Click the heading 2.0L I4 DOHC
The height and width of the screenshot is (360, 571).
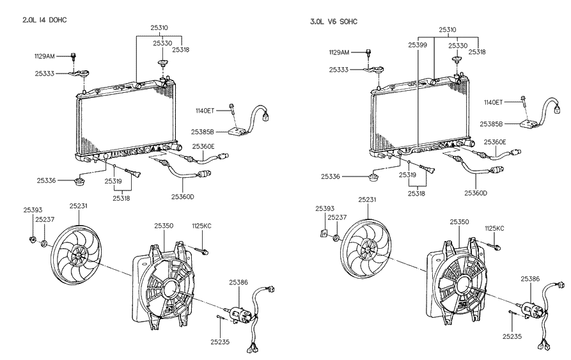point(45,20)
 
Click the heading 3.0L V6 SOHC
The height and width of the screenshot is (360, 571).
point(334,22)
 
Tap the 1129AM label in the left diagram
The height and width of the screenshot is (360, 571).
point(44,56)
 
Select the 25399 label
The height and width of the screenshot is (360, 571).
point(418,45)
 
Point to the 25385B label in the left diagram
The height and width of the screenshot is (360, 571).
point(203,132)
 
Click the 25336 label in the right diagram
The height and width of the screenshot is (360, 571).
point(331,176)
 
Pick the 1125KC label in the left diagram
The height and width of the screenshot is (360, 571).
point(202,226)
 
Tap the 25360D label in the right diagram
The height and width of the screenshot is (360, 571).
point(476,193)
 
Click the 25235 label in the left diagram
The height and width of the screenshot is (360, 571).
point(220,342)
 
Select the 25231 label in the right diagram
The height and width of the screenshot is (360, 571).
point(368,200)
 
